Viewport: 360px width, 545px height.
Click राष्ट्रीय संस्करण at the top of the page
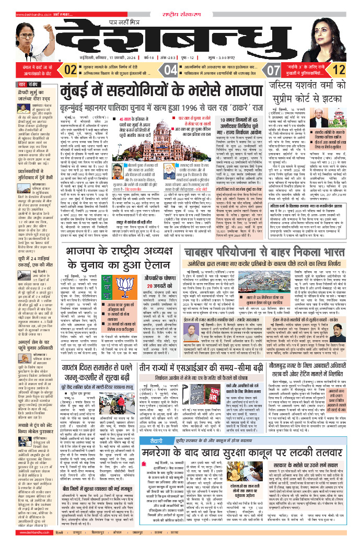coord(180,6)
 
